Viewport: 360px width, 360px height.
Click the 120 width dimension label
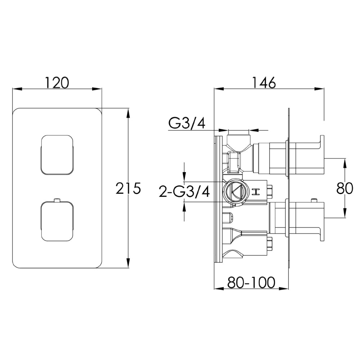pyautogui.click(x=57, y=83)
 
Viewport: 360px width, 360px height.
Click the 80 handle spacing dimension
pyautogui.click(x=345, y=188)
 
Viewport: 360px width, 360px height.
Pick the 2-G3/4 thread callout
pyautogui.click(x=184, y=192)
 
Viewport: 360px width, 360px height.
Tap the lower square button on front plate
pyautogui.click(x=57, y=221)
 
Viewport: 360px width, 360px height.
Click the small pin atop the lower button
pyautogui.click(x=57, y=201)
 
